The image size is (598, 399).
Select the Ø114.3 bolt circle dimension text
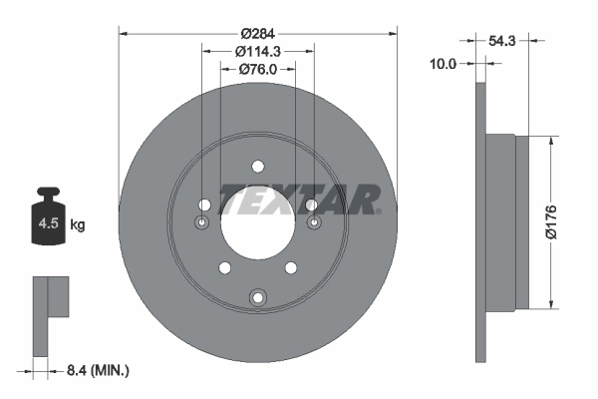tap(258, 51)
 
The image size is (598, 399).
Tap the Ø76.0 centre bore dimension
tap(258, 69)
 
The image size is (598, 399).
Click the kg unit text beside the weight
tap(78, 225)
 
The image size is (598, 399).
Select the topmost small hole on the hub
tap(258, 166)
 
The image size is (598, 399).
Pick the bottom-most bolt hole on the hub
tap(258, 296)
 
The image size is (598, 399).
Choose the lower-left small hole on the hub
tap(224, 268)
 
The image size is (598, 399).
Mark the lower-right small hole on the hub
tap(292, 268)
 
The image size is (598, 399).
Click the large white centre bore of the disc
tap(258, 227)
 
